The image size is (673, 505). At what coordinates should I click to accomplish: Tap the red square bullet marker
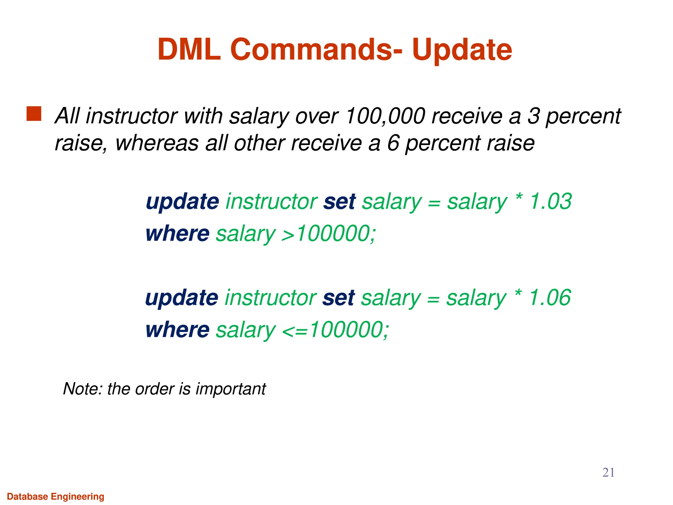tap(34, 114)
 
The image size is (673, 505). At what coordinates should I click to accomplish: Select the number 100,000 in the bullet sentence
tap(385, 116)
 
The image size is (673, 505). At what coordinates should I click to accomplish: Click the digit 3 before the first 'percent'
tap(533, 116)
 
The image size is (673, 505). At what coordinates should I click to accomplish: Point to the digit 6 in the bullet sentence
tap(393, 143)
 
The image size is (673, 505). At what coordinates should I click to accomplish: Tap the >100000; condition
tap(329, 233)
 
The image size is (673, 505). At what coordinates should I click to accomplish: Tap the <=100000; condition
tap(335, 330)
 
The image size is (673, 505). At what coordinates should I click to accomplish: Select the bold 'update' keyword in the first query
tap(182, 201)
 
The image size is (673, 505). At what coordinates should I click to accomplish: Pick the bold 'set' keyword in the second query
tap(338, 298)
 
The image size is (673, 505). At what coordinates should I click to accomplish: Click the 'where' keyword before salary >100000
tap(177, 233)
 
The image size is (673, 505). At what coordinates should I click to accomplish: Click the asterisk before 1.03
tap(519, 198)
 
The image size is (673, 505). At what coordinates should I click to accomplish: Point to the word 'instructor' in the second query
tap(270, 298)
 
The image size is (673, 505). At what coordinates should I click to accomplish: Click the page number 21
tap(608, 472)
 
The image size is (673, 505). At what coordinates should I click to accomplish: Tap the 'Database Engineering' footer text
tap(56, 496)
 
